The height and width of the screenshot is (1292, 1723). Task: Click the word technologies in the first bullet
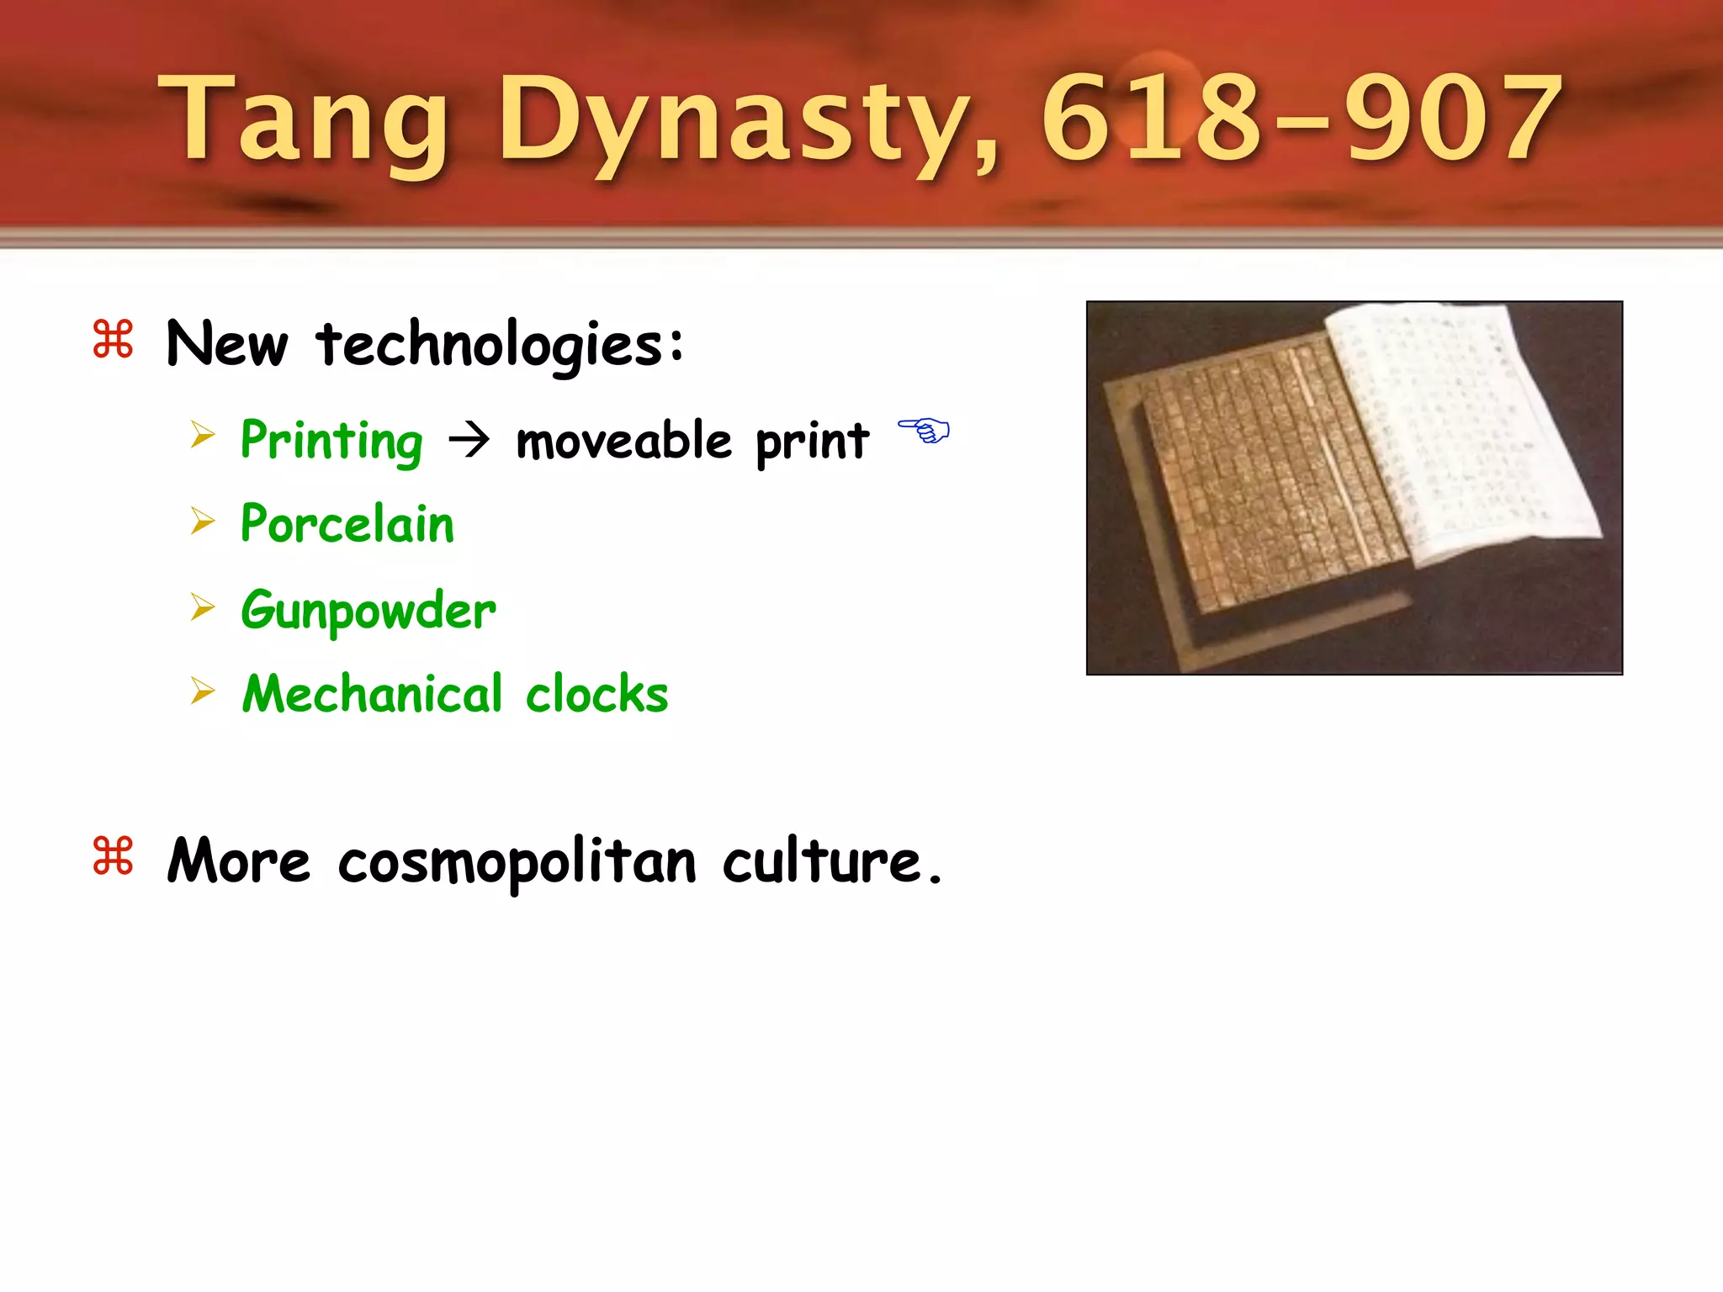click(501, 345)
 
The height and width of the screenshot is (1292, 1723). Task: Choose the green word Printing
click(331, 441)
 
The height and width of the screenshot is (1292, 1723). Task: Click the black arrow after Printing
click(469, 439)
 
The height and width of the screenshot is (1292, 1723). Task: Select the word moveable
click(623, 441)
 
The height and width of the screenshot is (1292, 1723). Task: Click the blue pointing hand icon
click(923, 431)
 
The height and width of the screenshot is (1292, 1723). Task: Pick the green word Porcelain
click(347, 524)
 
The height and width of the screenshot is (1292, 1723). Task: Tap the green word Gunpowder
click(368, 610)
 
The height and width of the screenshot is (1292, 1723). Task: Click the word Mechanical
click(373, 694)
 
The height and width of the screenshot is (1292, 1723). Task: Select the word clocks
click(596, 694)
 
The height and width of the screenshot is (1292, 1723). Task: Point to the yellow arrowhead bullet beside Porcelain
click(203, 522)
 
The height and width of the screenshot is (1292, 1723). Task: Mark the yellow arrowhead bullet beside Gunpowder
click(203, 606)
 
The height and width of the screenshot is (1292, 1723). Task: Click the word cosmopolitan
click(517, 862)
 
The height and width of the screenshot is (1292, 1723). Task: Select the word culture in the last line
click(823, 862)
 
